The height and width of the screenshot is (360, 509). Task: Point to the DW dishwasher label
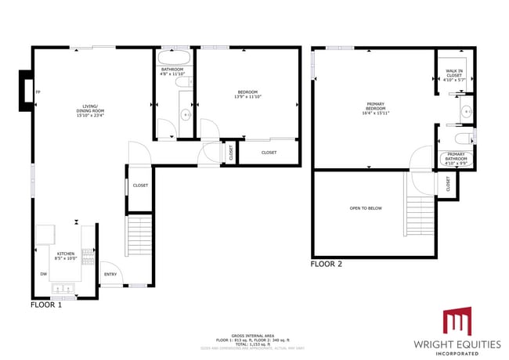tap(43, 274)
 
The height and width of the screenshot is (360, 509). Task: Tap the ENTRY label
tap(109, 274)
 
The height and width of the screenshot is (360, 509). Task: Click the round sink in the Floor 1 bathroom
tap(186, 114)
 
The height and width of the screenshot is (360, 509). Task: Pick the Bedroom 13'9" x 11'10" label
tap(247, 95)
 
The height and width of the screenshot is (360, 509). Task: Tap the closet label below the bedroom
tap(269, 153)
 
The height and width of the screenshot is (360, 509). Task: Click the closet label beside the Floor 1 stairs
tap(140, 185)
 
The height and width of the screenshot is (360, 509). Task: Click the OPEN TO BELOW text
tap(365, 208)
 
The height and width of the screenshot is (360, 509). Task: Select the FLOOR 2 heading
tap(327, 265)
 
